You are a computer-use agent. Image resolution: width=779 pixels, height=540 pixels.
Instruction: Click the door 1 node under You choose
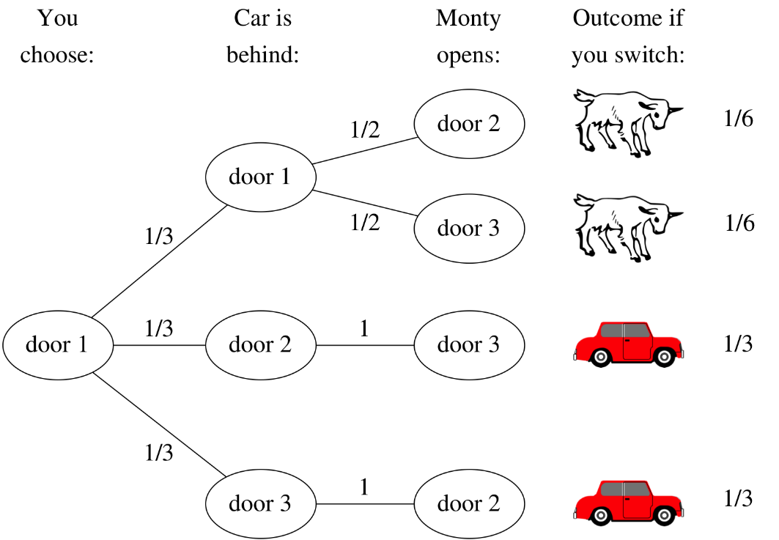tap(57, 344)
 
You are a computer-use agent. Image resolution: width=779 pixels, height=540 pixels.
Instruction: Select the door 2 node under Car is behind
tap(260, 344)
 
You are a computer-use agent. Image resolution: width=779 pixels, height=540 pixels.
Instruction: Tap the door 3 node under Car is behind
tap(260, 503)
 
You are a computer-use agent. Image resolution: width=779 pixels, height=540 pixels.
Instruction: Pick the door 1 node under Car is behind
tap(260, 177)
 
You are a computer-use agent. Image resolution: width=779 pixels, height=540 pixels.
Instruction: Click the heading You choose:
tap(57, 36)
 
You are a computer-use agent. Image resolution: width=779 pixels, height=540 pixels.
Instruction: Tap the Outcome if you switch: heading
tap(627, 36)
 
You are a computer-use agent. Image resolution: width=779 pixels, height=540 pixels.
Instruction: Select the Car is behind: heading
tap(262, 36)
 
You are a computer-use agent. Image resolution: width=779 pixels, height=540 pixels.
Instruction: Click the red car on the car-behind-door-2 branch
tap(627, 344)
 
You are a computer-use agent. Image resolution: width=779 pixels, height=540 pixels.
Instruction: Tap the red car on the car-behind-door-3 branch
tap(627, 502)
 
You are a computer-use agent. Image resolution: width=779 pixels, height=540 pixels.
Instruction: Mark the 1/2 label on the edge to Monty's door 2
tap(365, 130)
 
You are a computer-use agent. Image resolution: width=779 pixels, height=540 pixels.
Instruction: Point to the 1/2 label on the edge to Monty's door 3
tap(365, 223)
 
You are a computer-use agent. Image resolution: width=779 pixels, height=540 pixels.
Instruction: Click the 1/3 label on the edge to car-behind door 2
tap(159, 328)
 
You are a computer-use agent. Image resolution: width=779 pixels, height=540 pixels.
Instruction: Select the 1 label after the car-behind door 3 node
tap(364, 487)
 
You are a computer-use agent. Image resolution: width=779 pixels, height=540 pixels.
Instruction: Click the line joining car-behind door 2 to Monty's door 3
tap(364, 345)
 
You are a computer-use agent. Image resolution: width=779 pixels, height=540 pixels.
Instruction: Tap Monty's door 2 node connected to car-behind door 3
tap(469, 503)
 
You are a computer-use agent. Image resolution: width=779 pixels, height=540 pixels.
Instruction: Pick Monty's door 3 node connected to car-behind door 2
tap(469, 344)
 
